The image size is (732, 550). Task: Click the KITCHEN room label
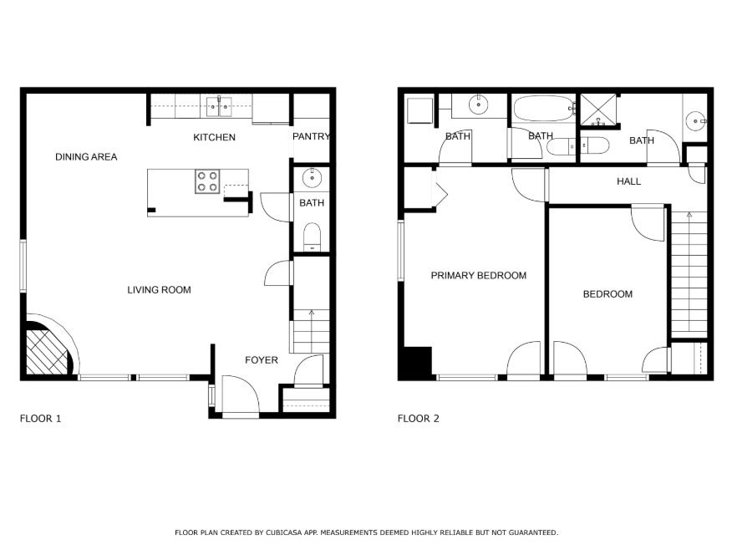(214, 137)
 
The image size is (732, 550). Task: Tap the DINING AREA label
(86, 157)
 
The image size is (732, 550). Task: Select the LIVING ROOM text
(160, 290)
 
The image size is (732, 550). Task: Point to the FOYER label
(262, 360)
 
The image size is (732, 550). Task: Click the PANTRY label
(311, 136)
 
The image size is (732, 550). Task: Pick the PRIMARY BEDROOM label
(479, 276)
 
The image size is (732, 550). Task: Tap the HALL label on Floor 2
(629, 181)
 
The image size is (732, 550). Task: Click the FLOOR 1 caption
(41, 418)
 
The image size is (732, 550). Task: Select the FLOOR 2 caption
(419, 418)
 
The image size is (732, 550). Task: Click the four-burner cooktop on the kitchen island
(207, 181)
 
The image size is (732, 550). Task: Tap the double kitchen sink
(219, 107)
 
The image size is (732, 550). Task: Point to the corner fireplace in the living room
(47, 349)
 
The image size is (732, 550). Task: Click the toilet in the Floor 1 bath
(312, 237)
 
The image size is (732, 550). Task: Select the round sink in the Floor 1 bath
(312, 178)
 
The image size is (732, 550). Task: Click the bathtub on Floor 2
(544, 109)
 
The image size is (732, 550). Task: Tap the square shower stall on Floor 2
(598, 109)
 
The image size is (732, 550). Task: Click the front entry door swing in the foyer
(241, 395)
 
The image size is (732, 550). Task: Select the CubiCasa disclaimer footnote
(367, 532)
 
